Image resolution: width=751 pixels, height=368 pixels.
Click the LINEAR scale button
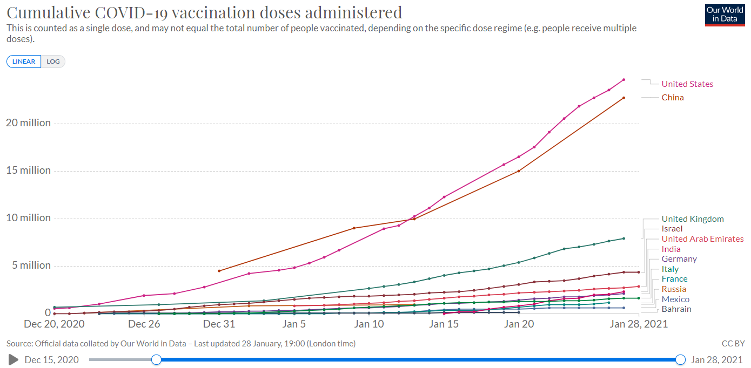click(x=24, y=62)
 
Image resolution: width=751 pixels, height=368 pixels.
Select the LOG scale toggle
click(x=53, y=62)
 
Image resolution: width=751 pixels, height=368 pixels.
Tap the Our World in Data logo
click(x=725, y=15)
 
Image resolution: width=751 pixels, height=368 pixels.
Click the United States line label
click(x=687, y=84)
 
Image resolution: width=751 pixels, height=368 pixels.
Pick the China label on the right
click(x=673, y=98)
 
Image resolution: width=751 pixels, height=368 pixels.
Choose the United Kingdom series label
click(x=693, y=219)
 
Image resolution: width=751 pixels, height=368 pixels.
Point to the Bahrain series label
click(x=676, y=309)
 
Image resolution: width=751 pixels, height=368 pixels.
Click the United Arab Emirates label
click(x=702, y=239)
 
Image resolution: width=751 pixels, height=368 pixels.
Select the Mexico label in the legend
click(x=675, y=299)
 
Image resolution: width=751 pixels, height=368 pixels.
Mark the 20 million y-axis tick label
click(x=28, y=123)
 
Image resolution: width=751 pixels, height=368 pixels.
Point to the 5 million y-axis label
click(x=28, y=265)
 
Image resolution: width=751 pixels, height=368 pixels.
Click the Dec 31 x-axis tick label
click(x=219, y=324)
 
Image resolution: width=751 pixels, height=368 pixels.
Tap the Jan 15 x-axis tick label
click(x=444, y=324)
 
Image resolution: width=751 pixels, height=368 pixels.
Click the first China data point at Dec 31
click(x=219, y=271)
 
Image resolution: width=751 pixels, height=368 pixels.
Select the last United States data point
click(x=623, y=80)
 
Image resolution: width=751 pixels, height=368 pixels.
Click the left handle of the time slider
click(x=156, y=359)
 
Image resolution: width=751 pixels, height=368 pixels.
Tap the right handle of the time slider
click(x=681, y=359)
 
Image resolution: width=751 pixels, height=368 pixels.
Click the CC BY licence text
click(x=733, y=343)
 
